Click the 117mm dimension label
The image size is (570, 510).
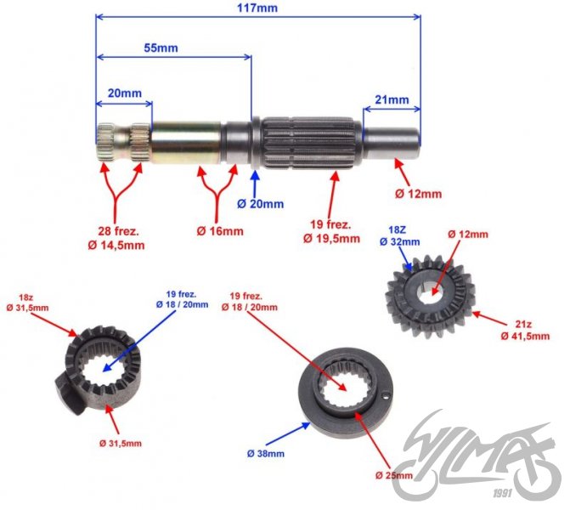tap(259, 7)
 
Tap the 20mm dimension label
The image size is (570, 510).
tap(124, 93)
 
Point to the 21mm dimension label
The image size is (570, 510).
tap(392, 99)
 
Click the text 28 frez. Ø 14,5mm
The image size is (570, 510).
tap(116, 239)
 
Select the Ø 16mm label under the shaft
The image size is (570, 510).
tap(220, 230)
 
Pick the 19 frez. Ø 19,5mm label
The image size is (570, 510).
tap(331, 232)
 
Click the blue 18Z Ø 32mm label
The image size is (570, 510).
tap(405, 235)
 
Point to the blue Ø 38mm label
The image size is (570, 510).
tap(266, 454)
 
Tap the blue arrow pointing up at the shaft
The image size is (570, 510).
tap(256, 180)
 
